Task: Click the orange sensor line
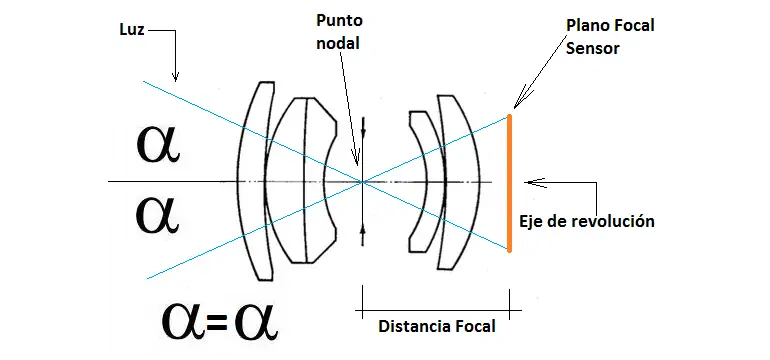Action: [x=510, y=182]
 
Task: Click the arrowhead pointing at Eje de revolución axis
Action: [x=529, y=182]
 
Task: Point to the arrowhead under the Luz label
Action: [x=175, y=76]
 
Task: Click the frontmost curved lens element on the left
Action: [x=255, y=180]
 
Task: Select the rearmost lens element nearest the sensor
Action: [x=453, y=180]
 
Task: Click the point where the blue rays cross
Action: [x=361, y=181]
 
